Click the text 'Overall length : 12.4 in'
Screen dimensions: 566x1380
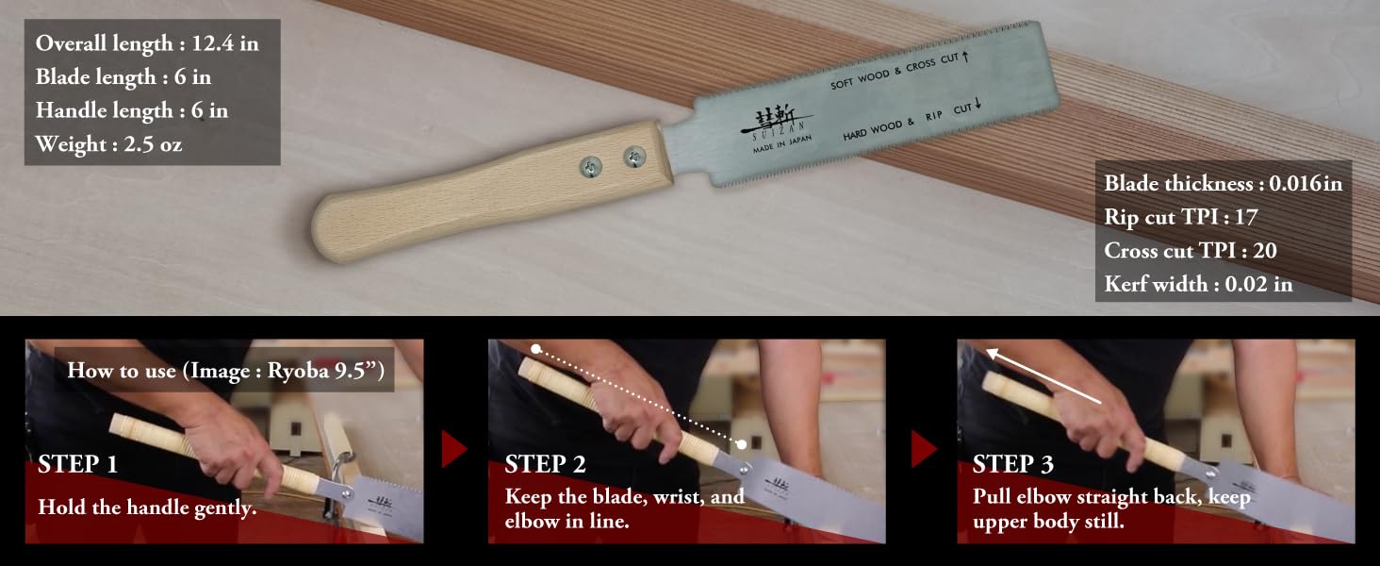coord(147,43)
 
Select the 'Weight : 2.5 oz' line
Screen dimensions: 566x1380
coord(109,144)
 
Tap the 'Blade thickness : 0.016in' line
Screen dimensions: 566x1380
coord(1223,183)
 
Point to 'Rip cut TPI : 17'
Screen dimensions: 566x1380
coord(1181,217)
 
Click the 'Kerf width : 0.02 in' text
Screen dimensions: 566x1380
coord(1198,283)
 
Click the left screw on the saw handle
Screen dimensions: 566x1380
coord(592,167)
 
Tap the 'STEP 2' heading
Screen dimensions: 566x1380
coord(545,464)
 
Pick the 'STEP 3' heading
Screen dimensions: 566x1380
coord(1013,464)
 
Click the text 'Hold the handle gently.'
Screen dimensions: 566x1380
coord(147,507)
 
